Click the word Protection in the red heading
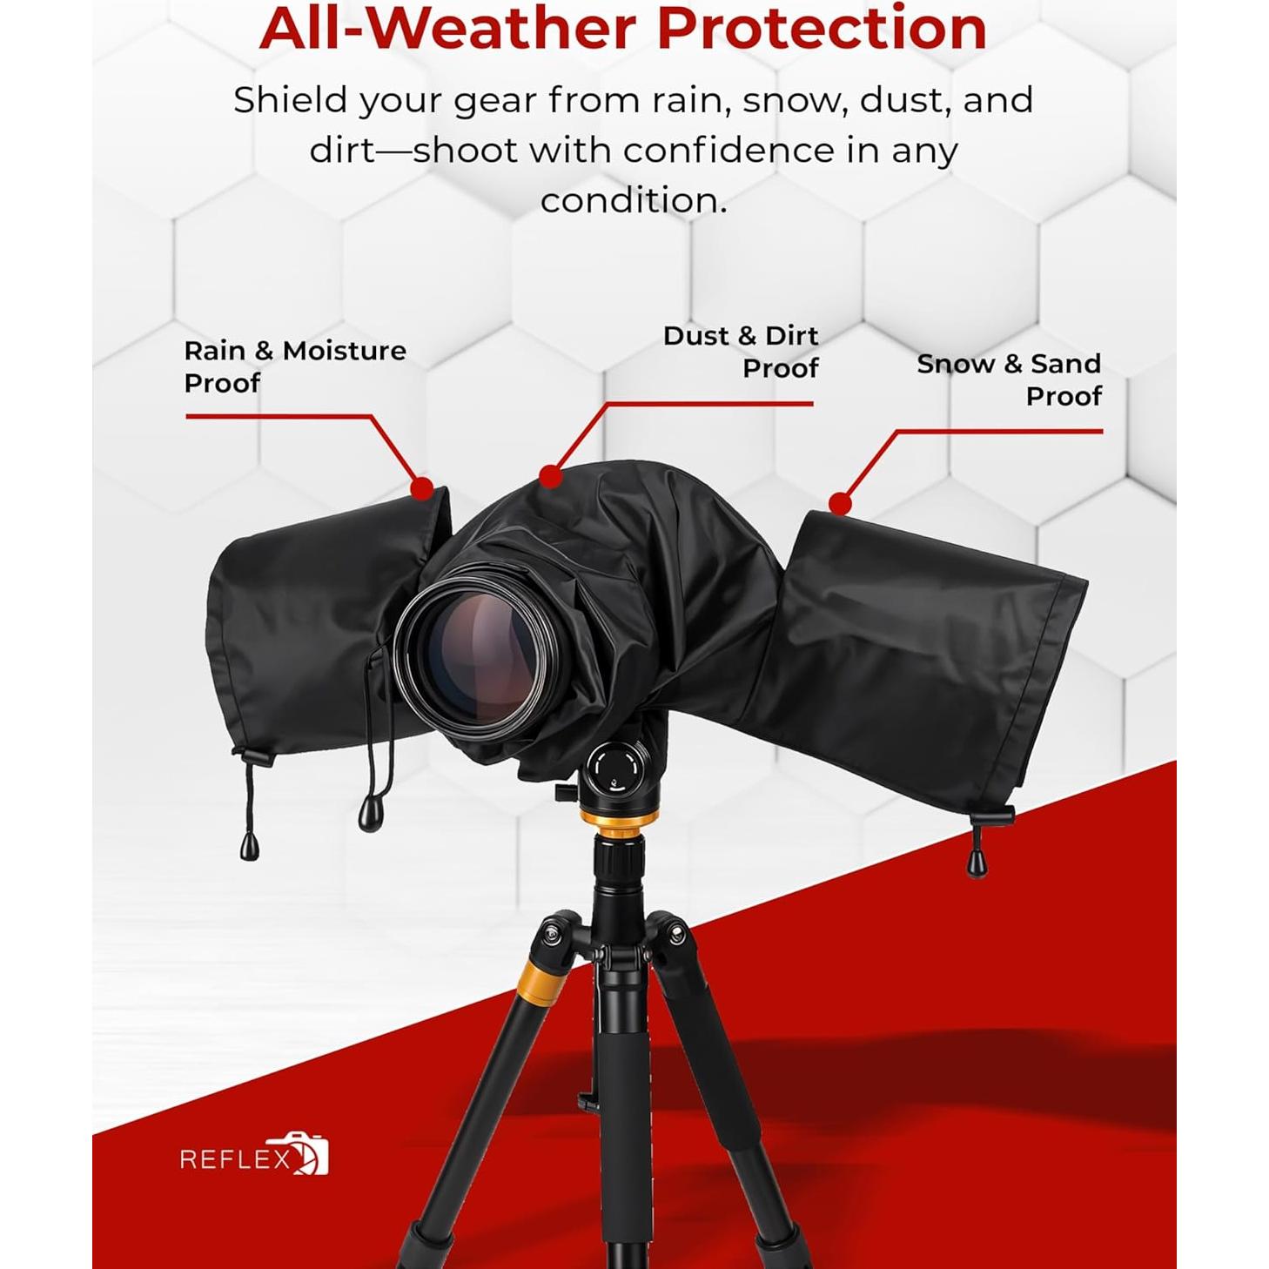click(x=821, y=28)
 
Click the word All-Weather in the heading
click(x=449, y=28)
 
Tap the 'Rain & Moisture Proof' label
click(x=294, y=366)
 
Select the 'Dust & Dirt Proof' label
click(x=741, y=352)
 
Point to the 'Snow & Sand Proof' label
click(x=1009, y=379)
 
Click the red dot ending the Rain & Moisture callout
click(x=422, y=488)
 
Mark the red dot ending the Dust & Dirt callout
click(x=550, y=476)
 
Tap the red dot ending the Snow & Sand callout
click(x=840, y=503)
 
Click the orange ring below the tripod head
click(x=618, y=821)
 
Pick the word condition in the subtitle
click(x=634, y=200)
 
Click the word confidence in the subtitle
click(x=728, y=151)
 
